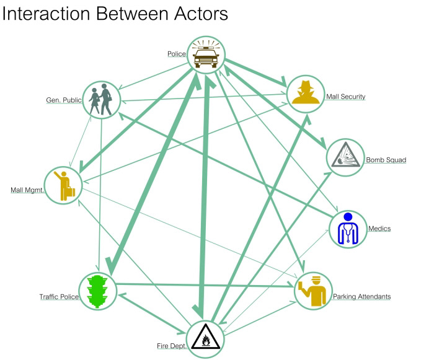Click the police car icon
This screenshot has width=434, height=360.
pyautogui.click(x=205, y=54)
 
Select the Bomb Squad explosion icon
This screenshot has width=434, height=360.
pyautogui.click(x=345, y=157)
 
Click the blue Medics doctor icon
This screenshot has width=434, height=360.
pyautogui.click(x=348, y=229)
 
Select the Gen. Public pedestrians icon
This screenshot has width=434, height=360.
pyautogui.click(x=101, y=99)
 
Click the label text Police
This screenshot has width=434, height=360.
pyautogui.click(x=177, y=54)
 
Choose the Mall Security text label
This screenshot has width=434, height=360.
pyautogui.click(x=345, y=97)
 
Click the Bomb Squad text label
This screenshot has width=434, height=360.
pyautogui.click(x=386, y=160)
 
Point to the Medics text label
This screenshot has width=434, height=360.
pyautogui.click(x=379, y=229)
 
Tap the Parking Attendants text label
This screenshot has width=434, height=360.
pyautogui.click(x=362, y=296)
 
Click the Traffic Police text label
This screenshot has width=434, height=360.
pyautogui.click(x=59, y=297)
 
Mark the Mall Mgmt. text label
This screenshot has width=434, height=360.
pyautogui.click(x=27, y=190)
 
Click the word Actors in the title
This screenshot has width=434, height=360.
pyautogui.click(x=196, y=13)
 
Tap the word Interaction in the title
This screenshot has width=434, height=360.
pyautogui.click(x=44, y=13)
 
